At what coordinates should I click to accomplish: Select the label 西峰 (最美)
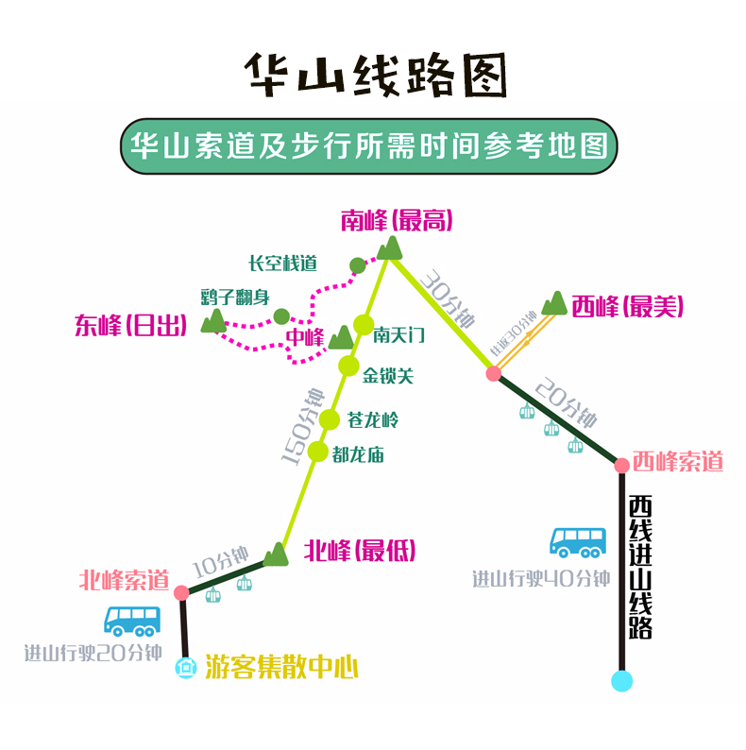click(x=626, y=306)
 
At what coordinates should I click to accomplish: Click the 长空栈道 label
click(x=282, y=264)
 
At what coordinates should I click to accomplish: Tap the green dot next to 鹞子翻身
click(x=280, y=315)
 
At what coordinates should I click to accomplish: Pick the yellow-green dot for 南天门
click(x=364, y=324)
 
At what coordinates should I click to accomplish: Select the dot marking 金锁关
click(x=349, y=366)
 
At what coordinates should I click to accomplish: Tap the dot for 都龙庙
click(x=317, y=452)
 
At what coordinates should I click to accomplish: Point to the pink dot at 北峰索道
click(x=181, y=592)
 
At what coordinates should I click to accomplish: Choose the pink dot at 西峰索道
click(x=621, y=465)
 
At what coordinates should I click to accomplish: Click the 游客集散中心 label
click(x=281, y=669)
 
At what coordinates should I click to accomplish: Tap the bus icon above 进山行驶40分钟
click(x=578, y=542)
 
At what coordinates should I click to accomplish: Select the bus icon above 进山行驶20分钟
click(x=132, y=621)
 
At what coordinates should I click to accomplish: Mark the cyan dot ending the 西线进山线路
click(x=621, y=680)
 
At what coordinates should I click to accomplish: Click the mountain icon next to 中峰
click(x=339, y=337)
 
